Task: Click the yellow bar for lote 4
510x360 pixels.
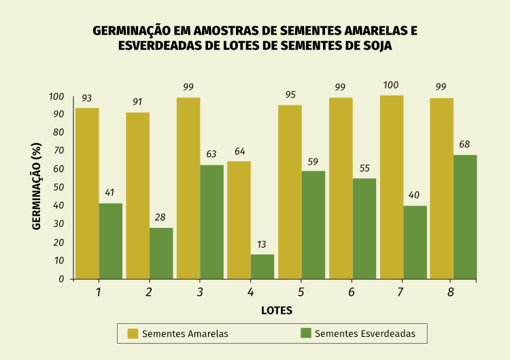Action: click(239, 219)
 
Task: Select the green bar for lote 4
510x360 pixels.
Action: click(262, 266)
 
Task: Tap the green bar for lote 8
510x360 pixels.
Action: click(465, 216)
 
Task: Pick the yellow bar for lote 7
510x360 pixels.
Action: click(392, 186)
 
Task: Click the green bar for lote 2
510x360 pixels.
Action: click(161, 252)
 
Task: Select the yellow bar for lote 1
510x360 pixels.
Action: click(87, 193)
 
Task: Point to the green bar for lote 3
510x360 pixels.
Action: click(212, 221)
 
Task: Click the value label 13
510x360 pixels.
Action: click(262, 244)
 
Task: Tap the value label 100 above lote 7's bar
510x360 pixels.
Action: click(392, 85)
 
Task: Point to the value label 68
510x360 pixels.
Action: click(464, 144)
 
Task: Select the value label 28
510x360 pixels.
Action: click(160, 217)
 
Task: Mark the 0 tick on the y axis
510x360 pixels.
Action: click(61, 279)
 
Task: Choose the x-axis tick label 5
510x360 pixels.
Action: click(301, 293)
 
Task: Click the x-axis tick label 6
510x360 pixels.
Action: click(352, 293)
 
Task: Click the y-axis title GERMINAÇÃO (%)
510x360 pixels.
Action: click(37, 187)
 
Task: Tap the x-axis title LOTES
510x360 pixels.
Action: click(276, 310)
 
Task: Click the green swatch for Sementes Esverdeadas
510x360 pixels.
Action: click(306, 333)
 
